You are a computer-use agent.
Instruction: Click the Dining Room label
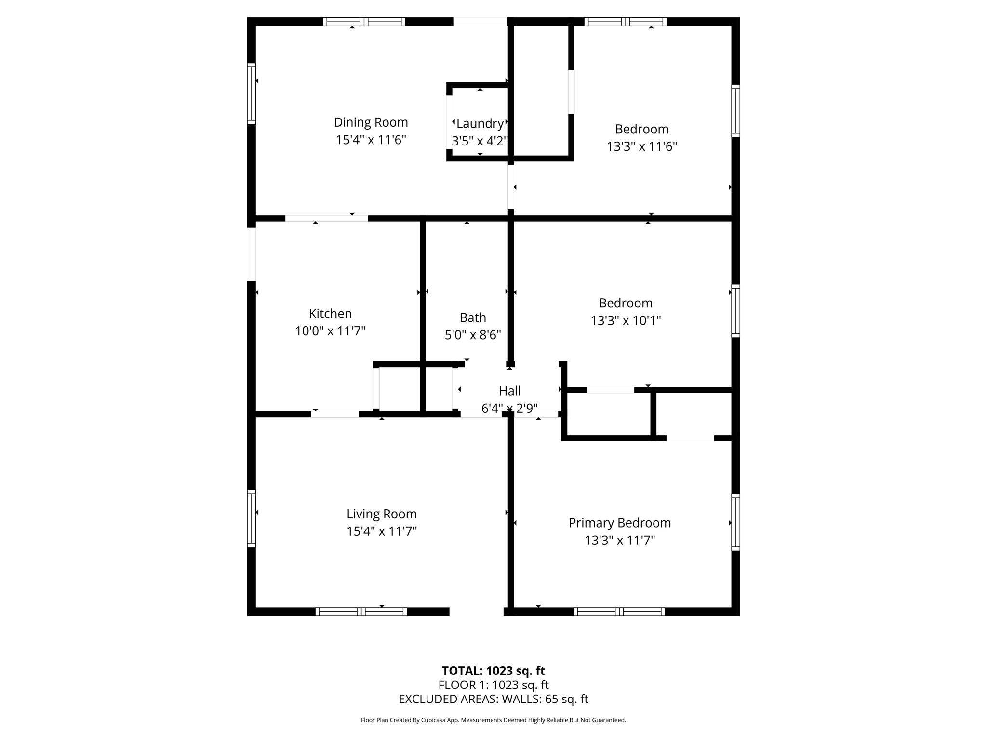tap(371, 122)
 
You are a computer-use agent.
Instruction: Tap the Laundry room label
tap(480, 124)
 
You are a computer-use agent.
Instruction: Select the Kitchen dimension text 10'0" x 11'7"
tap(330, 331)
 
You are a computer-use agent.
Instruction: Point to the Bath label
tap(472, 317)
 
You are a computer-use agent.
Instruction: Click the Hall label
tap(509, 391)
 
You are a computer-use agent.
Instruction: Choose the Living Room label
tap(381, 514)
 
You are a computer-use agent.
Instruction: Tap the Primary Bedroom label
tap(619, 523)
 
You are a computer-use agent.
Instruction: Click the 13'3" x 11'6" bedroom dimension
tap(641, 146)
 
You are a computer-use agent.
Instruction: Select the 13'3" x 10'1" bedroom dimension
tap(626, 320)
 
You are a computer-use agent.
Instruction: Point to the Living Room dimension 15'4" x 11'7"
tap(381, 531)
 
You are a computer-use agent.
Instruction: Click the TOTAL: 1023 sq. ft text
tap(493, 671)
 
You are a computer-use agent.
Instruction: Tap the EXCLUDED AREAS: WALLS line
tap(493, 699)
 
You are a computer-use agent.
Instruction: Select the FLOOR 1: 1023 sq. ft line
tap(493, 685)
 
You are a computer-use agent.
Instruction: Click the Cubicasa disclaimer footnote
tap(493, 720)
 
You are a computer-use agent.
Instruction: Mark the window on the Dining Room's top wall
tap(364, 22)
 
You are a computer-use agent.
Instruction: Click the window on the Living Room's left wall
tap(251, 518)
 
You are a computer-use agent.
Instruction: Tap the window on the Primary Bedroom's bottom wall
tap(619, 611)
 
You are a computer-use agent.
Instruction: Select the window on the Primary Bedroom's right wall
tap(735, 522)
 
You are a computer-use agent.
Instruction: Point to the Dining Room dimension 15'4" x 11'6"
tap(371, 140)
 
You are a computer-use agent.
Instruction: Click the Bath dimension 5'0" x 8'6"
tap(472, 335)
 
